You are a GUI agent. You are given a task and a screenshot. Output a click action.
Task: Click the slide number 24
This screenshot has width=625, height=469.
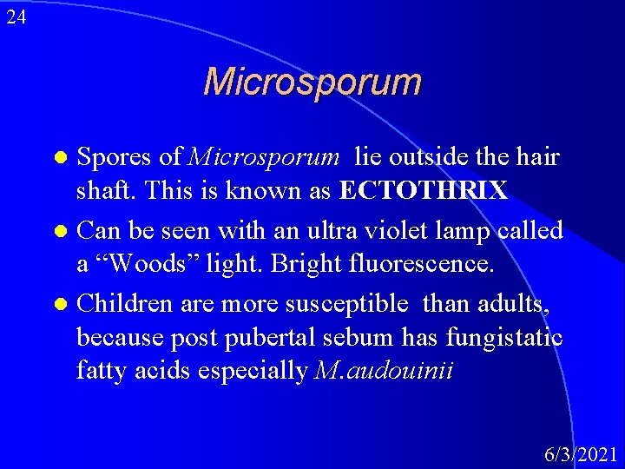pyautogui.click(x=16, y=16)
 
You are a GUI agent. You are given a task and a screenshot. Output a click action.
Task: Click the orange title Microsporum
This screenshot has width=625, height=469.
pyautogui.click(x=312, y=83)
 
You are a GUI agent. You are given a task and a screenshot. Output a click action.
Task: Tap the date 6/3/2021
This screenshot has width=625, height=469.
pyautogui.click(x=581, y=453)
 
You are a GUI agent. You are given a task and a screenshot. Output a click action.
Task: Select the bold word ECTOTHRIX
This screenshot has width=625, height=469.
pyautogui.click(x=424, y=191)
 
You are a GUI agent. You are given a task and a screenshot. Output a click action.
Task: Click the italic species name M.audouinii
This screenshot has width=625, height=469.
pyautogui.click(x=385, y=371)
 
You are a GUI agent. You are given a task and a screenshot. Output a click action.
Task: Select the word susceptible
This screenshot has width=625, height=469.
pyautogui.click(x=348, y=303)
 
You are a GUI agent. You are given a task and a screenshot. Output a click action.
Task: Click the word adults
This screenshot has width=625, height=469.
pyautogui.click(x=523, y=303)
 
